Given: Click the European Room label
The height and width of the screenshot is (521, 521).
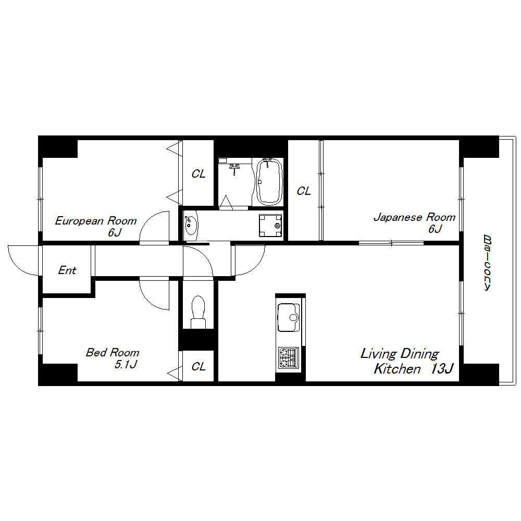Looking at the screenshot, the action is [x=96, y=221].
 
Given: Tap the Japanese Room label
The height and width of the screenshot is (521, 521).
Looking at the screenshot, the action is [x=414, y=217].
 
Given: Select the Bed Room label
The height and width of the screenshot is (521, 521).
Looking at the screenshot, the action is [x=113, y=352].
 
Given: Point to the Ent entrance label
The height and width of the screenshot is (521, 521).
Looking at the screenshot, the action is [x=67, y=270].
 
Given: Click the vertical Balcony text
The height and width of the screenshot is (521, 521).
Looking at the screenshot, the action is [x=487, y=263].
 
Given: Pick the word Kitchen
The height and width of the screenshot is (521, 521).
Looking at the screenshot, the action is [x=397, y=369].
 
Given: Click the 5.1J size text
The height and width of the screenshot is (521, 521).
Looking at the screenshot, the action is [x=126, y=365].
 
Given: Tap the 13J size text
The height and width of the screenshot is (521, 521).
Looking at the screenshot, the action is [x=442, y=369].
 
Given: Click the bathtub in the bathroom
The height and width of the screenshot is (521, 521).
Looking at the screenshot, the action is [x=269, y=181].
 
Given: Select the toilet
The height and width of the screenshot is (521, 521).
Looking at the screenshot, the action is [x=198, y=312].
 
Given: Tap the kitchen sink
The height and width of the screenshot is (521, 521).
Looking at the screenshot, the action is [x=289, y=317].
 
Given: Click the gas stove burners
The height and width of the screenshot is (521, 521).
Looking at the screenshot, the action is [x=289, y=357].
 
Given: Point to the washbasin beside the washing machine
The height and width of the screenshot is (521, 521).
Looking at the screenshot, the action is [x=191, y=225].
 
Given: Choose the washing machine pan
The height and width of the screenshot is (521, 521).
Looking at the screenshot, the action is [x=270, y=225].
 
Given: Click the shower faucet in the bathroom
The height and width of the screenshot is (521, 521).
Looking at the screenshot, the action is [x=234, y=168].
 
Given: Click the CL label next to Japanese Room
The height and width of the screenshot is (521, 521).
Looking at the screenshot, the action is [x=304, y=191].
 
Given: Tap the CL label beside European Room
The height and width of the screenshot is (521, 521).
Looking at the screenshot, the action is [x=199, y=174].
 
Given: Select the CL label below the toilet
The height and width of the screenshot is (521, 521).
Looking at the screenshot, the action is [x=199, y=366].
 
